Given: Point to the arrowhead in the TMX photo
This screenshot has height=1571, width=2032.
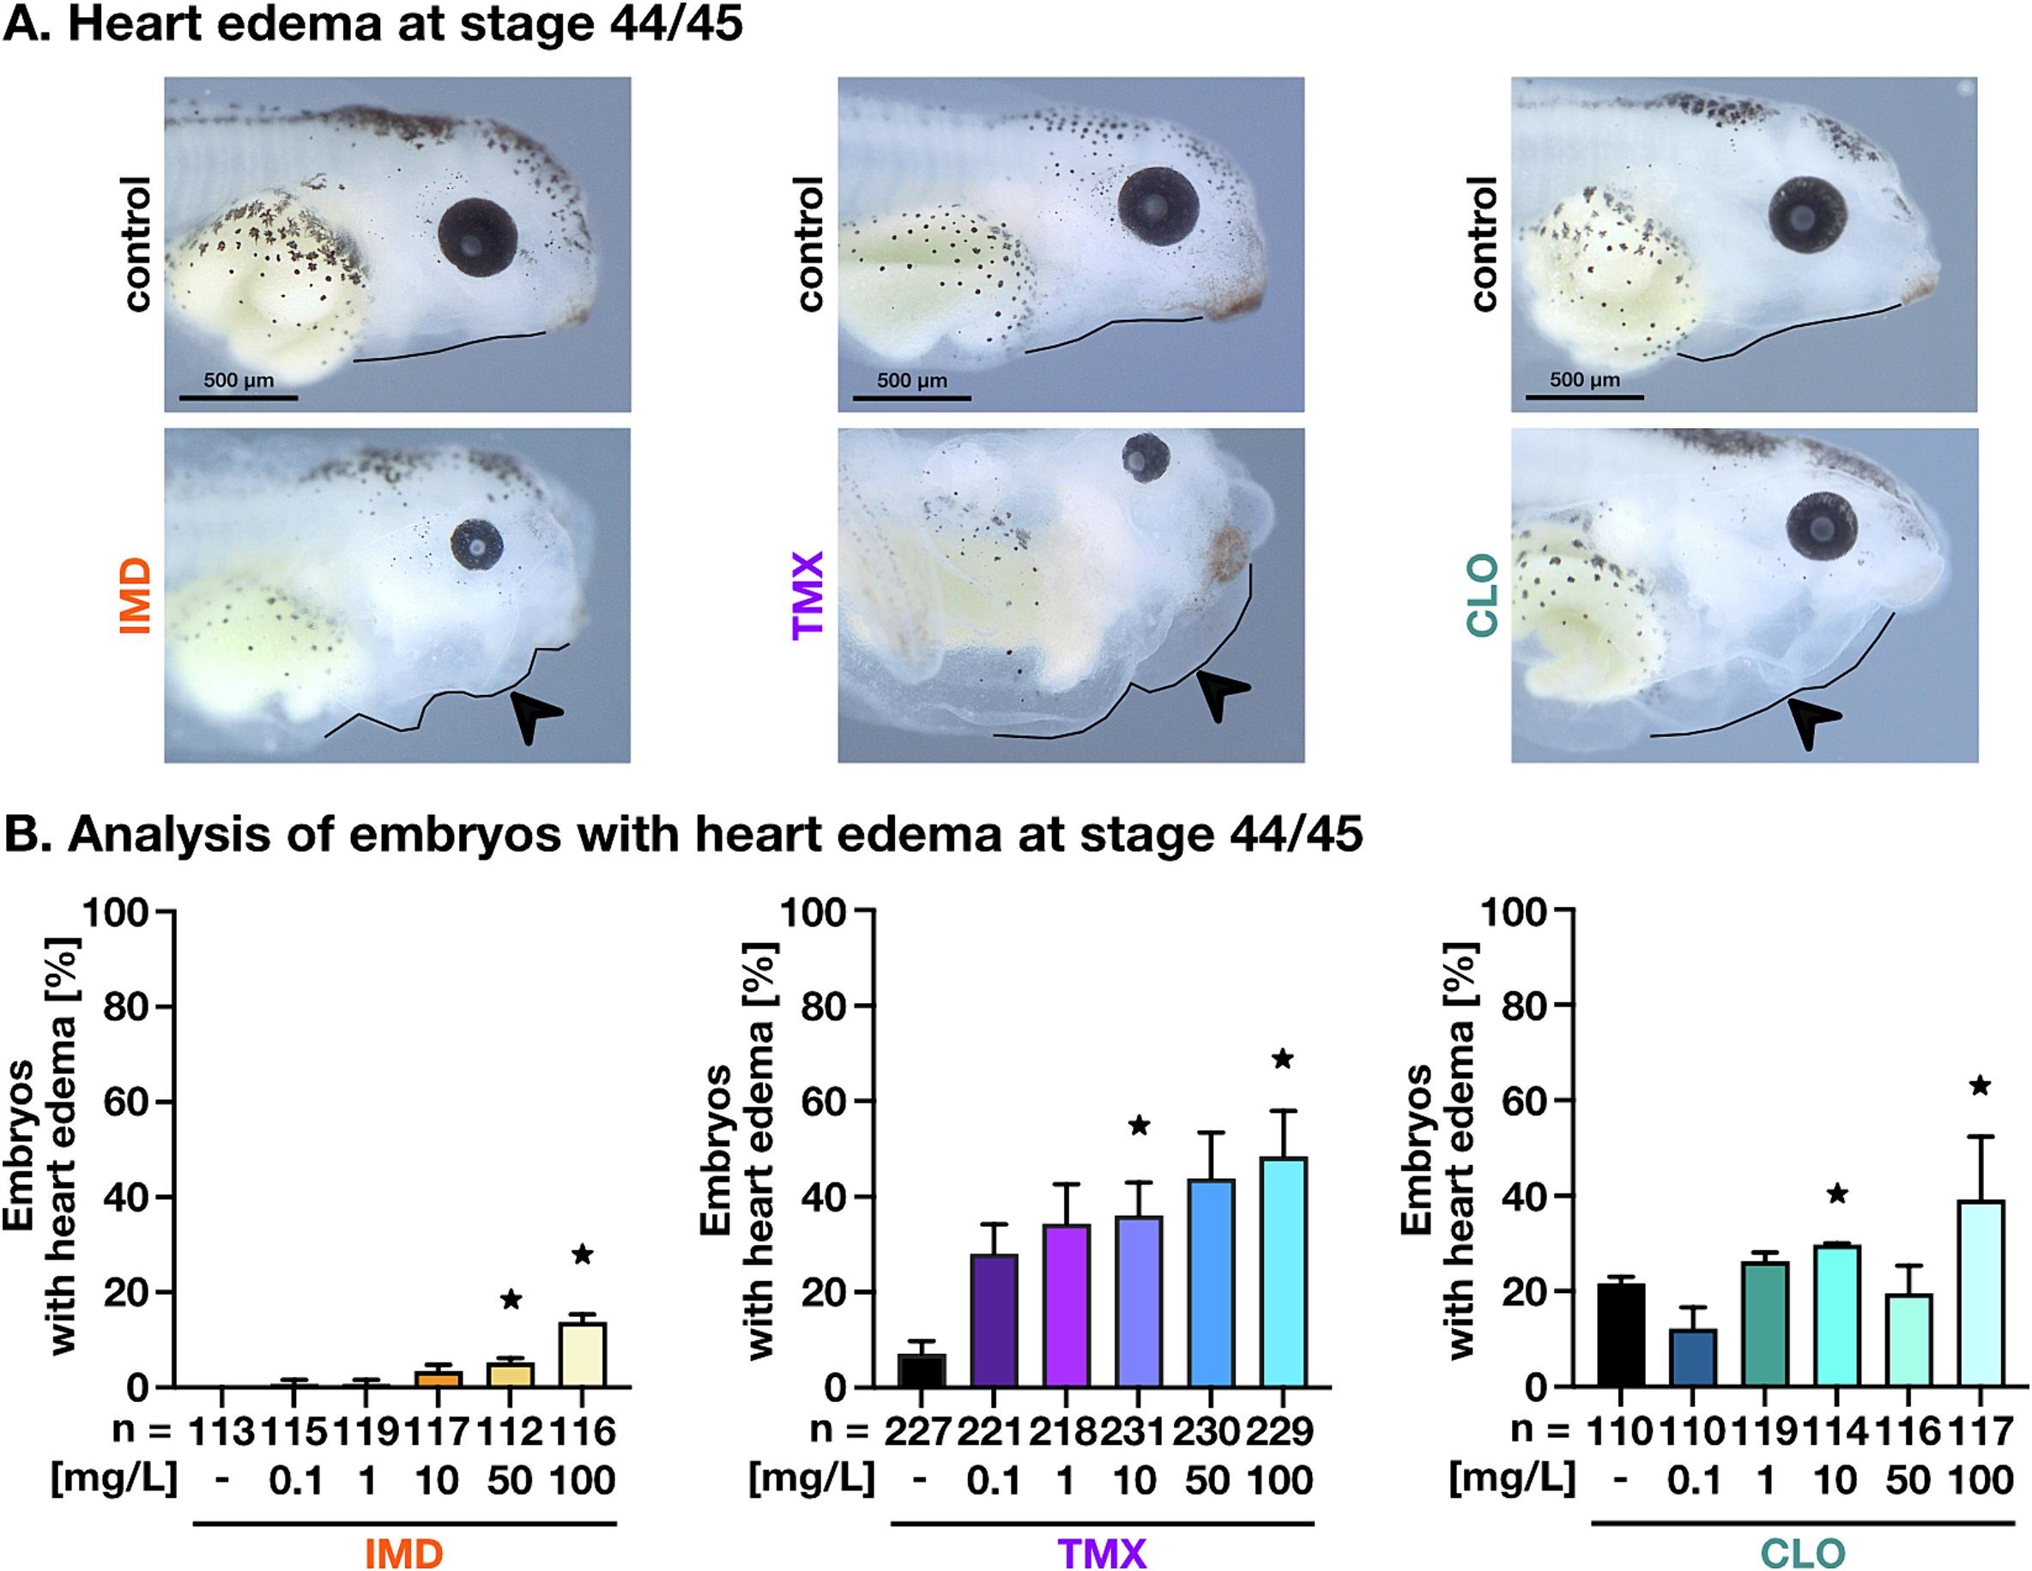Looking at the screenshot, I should (x=1219, y=693).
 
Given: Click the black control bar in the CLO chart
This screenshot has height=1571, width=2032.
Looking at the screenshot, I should (x=1620, y=1335).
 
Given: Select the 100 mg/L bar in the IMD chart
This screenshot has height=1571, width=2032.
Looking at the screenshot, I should (x=582, y=1353).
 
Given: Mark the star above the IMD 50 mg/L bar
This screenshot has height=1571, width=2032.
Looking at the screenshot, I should (x=511, y=1298).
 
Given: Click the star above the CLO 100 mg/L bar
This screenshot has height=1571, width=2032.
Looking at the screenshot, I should (x=1979, y=1085).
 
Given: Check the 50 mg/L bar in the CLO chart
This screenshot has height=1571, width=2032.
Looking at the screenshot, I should (x=1908, y=1339).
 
